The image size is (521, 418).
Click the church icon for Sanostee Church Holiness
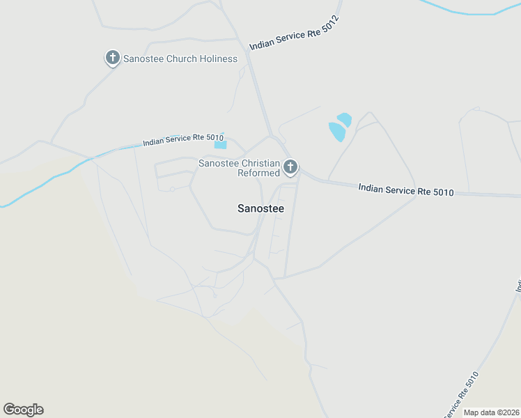113,58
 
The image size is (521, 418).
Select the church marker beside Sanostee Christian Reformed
290,167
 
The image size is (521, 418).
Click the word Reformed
258,173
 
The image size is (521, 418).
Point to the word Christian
261,163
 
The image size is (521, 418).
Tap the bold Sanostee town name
260,208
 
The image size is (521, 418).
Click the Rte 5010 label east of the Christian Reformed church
406,189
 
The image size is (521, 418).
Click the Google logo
23,410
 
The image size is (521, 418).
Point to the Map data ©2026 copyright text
492,412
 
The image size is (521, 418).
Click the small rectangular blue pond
220,145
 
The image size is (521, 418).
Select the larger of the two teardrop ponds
337,132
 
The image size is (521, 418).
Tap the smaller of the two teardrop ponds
345,119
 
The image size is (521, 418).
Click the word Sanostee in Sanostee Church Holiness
143,59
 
